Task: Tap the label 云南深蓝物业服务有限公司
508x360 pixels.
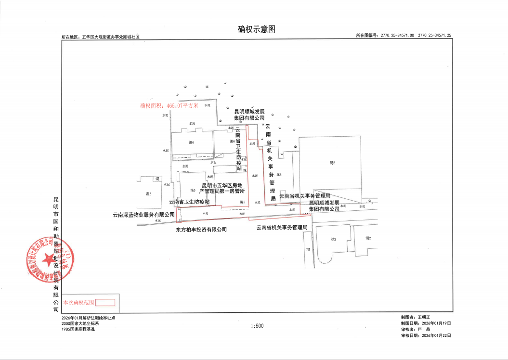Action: (143, 215)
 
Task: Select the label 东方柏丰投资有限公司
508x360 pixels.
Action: (201, 230)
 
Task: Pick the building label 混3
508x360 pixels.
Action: (333, 239)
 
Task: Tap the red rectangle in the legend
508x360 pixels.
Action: (105, 303)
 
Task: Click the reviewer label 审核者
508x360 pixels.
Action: (408, 329)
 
